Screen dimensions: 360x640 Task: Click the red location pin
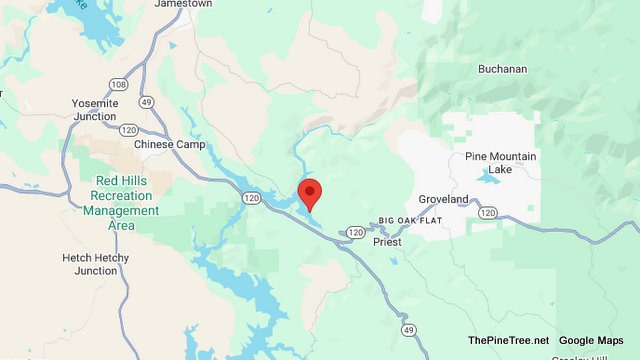click(x=310, y=193)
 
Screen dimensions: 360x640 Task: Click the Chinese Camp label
click(x=169, y=144)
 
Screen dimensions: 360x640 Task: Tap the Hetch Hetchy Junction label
click(x=103, y=264)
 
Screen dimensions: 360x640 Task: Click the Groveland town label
click(x=443, y=200)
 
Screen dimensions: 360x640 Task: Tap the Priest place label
click(x=386, y=242)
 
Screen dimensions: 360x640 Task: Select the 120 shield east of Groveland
click(x=487, y=212)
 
